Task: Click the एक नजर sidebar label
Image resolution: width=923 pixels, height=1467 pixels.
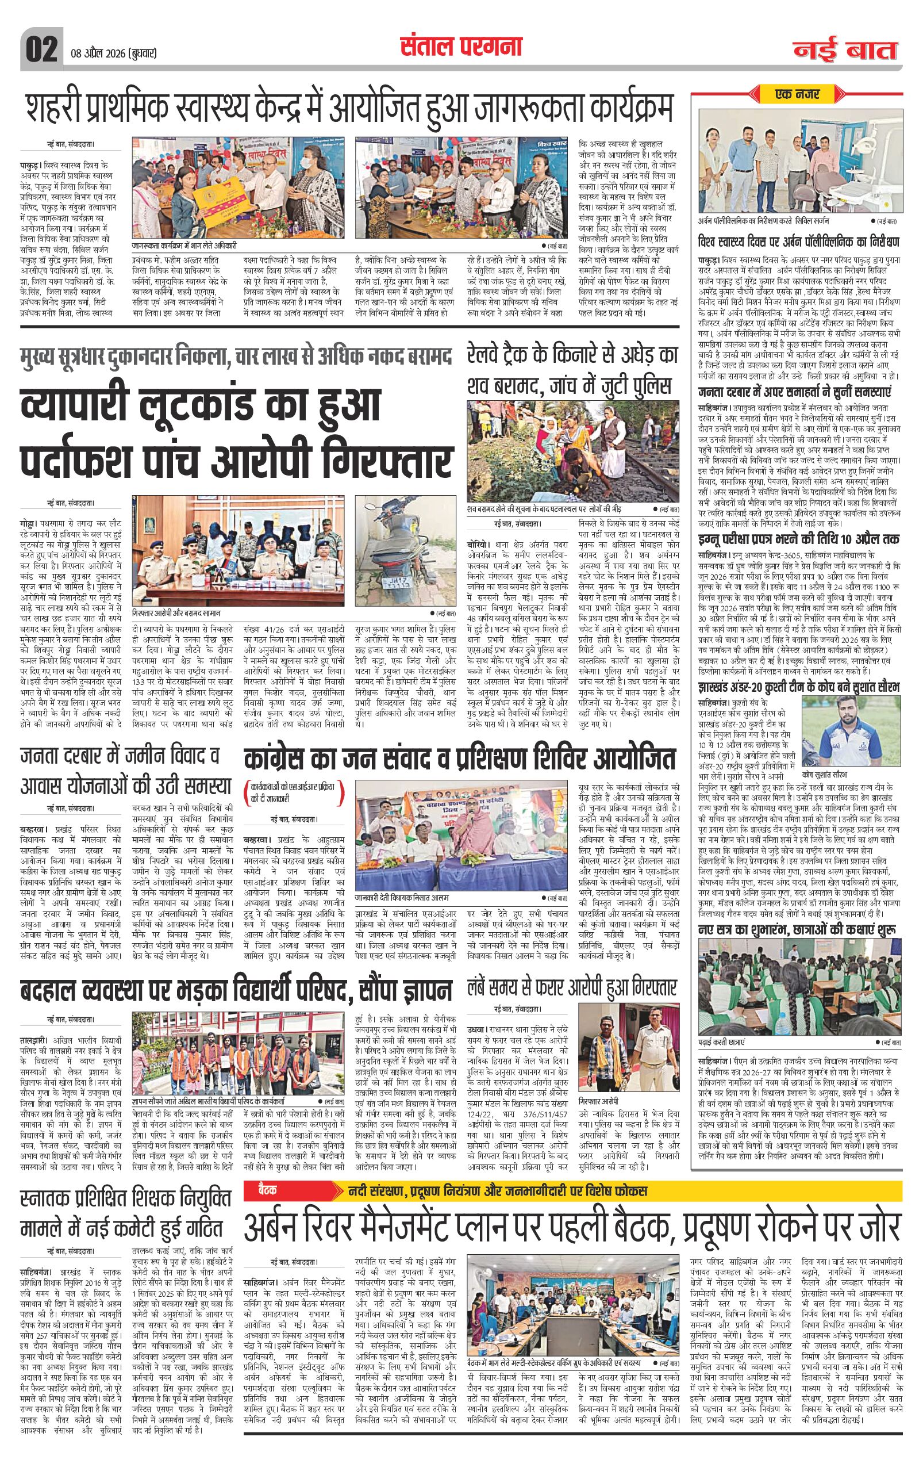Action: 797,94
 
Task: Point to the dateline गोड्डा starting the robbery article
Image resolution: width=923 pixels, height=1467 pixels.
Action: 29,522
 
